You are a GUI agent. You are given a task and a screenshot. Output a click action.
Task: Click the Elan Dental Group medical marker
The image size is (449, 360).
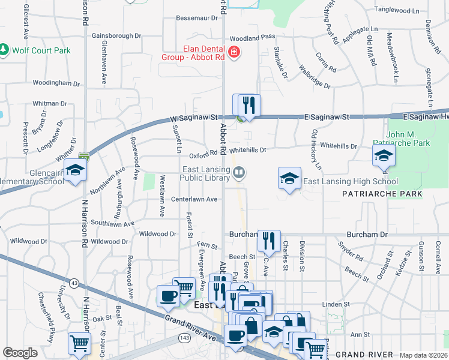tap(234, 53)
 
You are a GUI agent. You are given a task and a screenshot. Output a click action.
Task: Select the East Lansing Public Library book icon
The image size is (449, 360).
tap(239, 173)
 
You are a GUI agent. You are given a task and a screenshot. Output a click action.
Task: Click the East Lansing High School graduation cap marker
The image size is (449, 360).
tap(289, 178)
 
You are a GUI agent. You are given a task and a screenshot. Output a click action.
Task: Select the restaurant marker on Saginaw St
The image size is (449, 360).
tap(249, 106)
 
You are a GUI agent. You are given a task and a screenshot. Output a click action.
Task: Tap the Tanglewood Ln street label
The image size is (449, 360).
tap(396, 10)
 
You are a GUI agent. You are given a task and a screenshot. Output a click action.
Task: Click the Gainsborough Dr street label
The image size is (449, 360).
tap(116, 36)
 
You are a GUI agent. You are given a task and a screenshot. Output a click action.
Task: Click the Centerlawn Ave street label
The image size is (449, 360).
tap(194, 199)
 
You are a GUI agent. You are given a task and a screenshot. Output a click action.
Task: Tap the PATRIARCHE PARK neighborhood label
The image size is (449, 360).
tap(382, 194)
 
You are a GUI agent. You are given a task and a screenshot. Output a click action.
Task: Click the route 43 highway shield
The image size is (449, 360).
tap(74, 283)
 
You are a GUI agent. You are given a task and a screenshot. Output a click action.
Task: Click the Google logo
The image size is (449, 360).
tap(20, 353)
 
